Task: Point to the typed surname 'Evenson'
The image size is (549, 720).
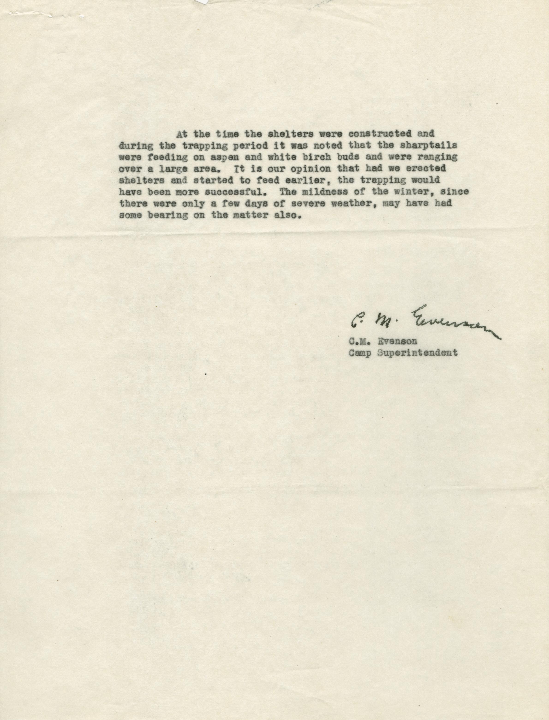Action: click(397, 341)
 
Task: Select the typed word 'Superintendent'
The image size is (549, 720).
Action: click(417, 353)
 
